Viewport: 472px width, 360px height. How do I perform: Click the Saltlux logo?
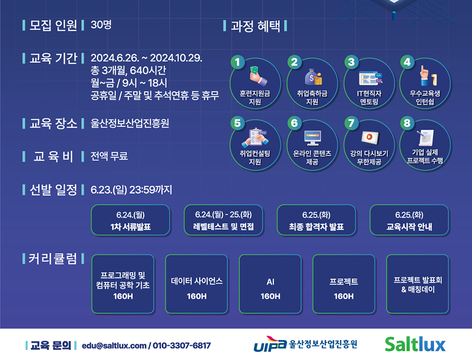coord(415,344)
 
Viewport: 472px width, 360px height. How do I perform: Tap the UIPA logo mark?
coord(270,344)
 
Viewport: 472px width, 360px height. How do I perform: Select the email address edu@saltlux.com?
coord(114,345)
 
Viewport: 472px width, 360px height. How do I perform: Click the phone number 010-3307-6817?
coord(181,345)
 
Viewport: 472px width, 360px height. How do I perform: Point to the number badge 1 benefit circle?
coord(238,62)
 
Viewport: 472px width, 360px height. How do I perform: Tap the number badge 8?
coord(407,123)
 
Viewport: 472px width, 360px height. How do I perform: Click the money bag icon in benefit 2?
coord(314,77)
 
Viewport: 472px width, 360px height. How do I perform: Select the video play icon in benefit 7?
coord(369,137)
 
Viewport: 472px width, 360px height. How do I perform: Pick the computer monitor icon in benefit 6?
coord(312,138)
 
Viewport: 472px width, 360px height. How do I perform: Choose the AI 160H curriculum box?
coord(270,284)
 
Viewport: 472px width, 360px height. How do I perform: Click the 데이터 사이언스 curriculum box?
coord(197,284)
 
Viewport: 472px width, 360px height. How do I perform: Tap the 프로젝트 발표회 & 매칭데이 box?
coord(417,284)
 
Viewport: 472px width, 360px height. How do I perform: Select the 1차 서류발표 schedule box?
coord(131,220)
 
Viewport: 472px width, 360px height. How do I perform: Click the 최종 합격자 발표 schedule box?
coord(316,220)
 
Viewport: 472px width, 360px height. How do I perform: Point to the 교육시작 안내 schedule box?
coord(409,220)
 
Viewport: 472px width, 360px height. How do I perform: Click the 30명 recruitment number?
coord(101,25)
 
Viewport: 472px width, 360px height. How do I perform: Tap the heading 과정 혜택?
coord(255,26)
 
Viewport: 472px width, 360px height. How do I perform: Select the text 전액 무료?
coord(109,156)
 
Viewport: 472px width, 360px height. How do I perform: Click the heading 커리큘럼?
coord(53,259)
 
